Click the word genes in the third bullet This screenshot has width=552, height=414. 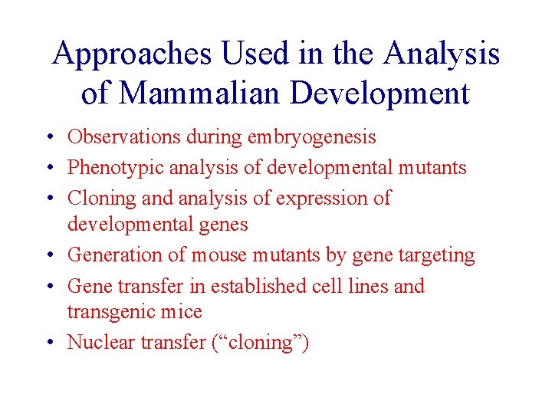click(x=222, y=225)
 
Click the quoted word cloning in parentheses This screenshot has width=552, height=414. click(x=260, y=343)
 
